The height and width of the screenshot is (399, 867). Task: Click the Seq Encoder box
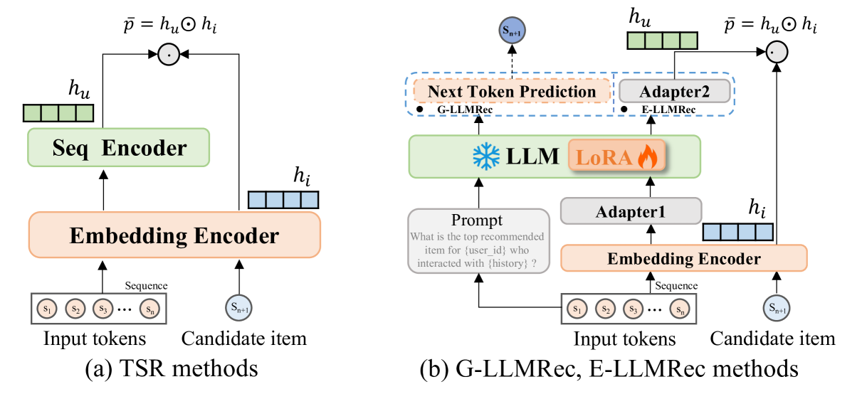click(118, 149)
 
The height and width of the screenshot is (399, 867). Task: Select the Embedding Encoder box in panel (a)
click(174, 235)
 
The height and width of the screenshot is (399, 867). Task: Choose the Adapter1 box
click(631, 211)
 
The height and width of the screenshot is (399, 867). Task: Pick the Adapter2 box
click(674, 91)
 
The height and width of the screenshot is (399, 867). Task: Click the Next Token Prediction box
click(513, 91)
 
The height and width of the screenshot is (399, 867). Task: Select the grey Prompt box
click(477, 240)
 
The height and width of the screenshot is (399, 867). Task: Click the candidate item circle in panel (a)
click(239, 308)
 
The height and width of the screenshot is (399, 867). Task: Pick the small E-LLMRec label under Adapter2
click(665, 110)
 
